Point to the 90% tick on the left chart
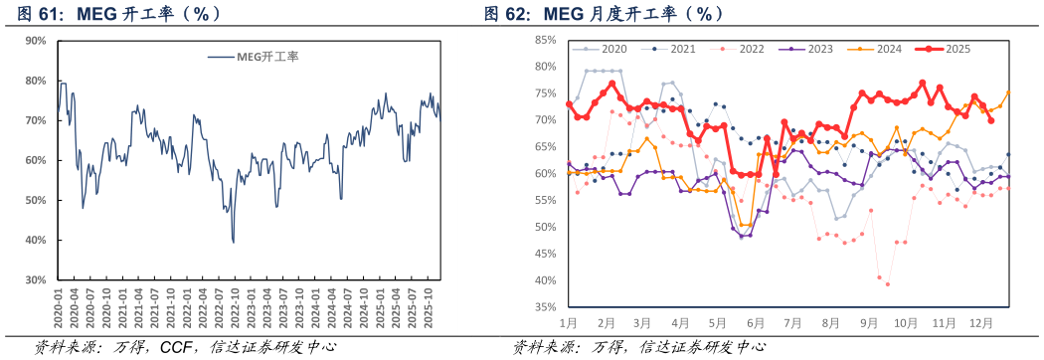pyautogui.click(x=36, y=41)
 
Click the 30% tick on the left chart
pyautogui.click(x=36, y=280)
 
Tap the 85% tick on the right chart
pyautogui.click(x=545, y=41)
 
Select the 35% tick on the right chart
pyautogui.click(x=545, y=307)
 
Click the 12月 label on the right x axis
pyautogui.click(x=981, y=323)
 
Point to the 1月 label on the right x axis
pyautogui.click(x=569, y=323)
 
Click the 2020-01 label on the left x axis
pyautogui.click(x=60, y=305)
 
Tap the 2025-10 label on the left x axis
pyautogui.click(x=428, y=305)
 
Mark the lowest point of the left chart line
pyautogui.click(x=234, y=242)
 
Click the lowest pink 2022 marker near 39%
pyautogui.click(x=888, y=284)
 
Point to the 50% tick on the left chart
pyautogui.click(x=36, y=201)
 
